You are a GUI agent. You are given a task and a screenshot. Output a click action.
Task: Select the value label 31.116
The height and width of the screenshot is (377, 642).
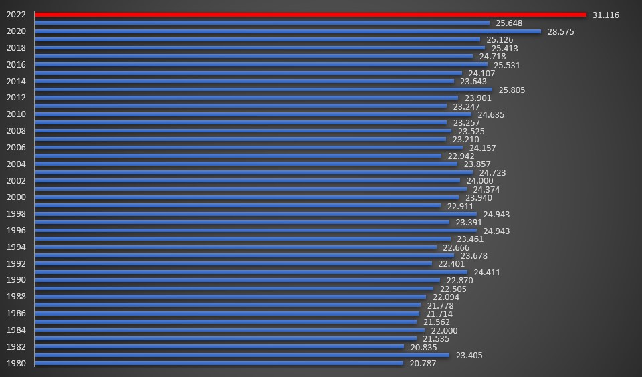(606, 15)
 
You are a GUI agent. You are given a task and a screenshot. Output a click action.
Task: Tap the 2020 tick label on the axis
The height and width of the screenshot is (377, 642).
(16, 31)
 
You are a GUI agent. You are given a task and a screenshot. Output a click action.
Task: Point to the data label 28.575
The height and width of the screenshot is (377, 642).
(560, 31)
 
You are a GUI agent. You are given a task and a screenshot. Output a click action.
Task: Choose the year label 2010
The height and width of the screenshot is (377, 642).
(16, 114)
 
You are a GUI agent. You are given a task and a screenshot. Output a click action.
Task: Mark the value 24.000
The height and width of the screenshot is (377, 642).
(479, 181)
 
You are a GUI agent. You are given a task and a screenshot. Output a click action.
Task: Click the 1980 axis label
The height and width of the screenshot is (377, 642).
(16, 364)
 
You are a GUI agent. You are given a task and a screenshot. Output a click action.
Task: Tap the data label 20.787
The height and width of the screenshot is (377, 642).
(423, 364)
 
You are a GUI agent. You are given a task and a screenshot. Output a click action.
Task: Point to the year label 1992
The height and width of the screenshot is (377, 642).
(16, 264)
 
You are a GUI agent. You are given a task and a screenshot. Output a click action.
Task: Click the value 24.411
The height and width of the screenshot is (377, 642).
(487, 273)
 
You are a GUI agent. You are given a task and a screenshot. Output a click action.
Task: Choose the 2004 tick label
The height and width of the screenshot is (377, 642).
(16, 164)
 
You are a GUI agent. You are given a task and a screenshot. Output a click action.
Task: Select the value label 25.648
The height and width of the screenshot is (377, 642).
(509, 23)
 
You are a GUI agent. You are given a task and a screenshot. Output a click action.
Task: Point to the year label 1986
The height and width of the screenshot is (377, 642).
(16, 313)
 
